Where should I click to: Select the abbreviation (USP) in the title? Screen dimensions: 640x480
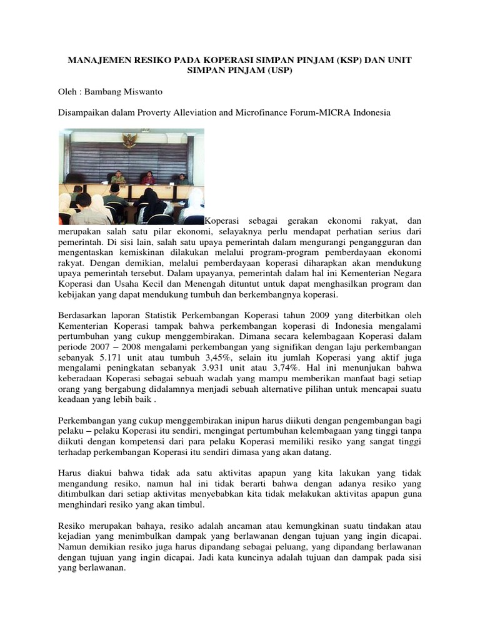coord(279,71)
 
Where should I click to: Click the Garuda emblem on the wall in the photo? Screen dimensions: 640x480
coord(129,141)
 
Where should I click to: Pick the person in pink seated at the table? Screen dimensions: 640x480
coord(149,178)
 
